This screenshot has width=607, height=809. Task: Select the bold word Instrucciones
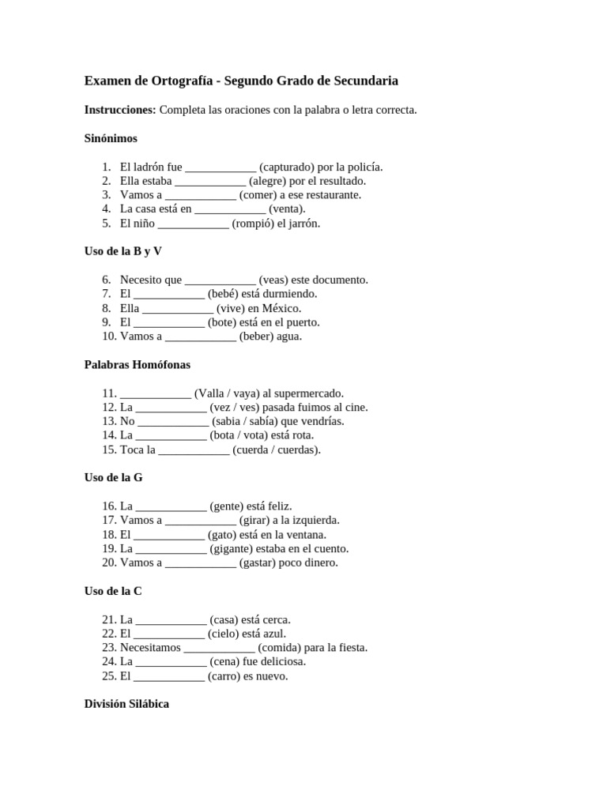pyautogui.click(x=119, y=110)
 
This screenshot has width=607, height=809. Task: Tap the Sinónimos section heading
pyautogui.click(x=111, y=138)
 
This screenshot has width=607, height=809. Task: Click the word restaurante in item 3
pyautogui.click(x=332, y=195)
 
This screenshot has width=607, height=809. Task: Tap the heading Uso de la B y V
pyautogui.click(x=123, y=251)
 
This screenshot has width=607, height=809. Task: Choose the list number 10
pyautogui.click(x=109, y=337)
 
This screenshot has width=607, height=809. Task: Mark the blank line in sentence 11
pyautogui.click(x=155, y=393)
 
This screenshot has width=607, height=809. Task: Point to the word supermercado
pyautogui.click(x=307, y=393)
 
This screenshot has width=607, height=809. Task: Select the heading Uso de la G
pyautogui.click(x=113, y=478)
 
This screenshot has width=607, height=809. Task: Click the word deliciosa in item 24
pyautogui.click(x=281, y=662)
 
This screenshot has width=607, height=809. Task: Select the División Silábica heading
pyautogui.click(x=126, y=704)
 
